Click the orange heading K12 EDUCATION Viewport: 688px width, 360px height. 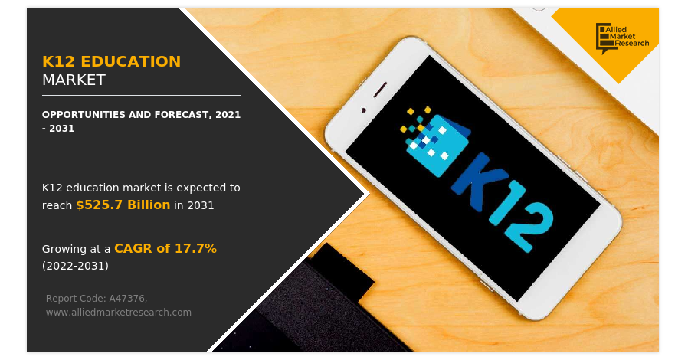pos(111,61)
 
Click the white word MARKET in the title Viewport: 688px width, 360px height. pos(74,80)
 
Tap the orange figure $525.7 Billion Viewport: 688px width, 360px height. pos(123,205)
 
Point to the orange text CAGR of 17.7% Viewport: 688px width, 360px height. pos(165,249)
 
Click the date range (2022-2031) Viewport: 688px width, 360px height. pos(76,266)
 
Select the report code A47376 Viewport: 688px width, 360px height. pos(127,299)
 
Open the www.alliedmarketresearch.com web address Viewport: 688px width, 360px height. pos(119,313)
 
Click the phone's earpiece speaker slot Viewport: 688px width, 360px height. pos(380,90)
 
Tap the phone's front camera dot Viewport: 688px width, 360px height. pos(363,110)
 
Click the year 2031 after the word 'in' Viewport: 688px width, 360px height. pos(201,205)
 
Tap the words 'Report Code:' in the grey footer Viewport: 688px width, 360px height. pos(76,299)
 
